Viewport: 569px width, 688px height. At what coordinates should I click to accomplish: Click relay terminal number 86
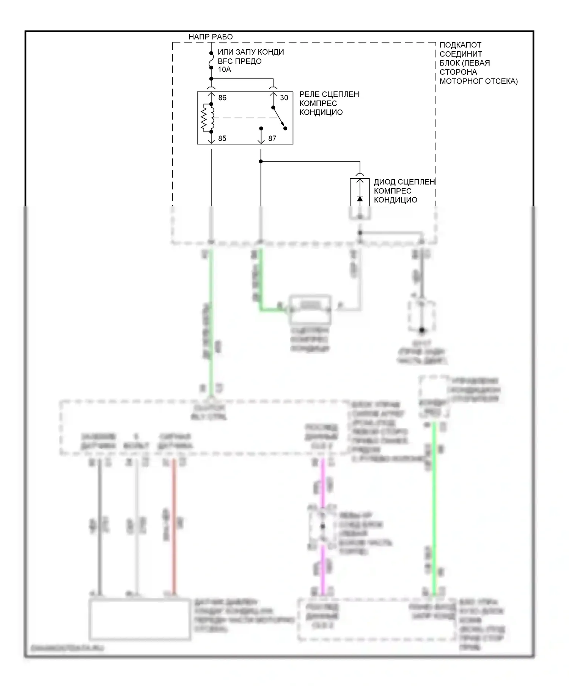click(222, 98)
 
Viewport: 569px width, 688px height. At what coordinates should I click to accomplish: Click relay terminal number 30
click(284, 98)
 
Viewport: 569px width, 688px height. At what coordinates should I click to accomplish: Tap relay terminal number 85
click(222, 138)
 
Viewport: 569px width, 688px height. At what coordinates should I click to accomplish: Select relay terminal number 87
click(272, 138)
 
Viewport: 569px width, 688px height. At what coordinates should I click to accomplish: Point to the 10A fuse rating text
click(224, 69)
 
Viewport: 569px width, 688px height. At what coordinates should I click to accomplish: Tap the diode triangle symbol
click(360, 199)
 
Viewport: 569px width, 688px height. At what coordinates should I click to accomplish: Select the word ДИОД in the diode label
click(385, 182)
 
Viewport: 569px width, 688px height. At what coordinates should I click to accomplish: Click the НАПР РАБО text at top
click(211, 37)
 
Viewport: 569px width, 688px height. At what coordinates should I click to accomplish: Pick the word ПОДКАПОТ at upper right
click(460, 45)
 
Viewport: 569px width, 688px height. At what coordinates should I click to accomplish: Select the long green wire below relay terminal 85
click(211, 322)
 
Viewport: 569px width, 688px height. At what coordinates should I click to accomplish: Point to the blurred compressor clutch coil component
click(310, 309)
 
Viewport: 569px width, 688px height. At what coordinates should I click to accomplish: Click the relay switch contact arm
click(278, 118)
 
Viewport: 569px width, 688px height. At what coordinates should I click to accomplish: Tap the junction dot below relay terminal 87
click(261, 162)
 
